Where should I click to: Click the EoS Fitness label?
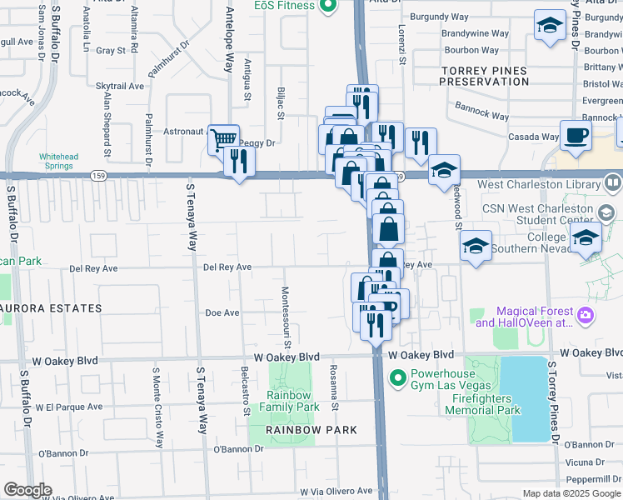pos(284,6)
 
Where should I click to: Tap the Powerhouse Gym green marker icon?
pos(397,379)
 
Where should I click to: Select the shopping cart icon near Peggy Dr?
pos(223,138)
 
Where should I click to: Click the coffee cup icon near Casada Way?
pos(575,136)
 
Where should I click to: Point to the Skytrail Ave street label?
pos(122,86)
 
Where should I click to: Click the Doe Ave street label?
pos(222,313)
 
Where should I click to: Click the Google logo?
pos(27,490)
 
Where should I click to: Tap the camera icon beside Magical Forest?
pos(586,315)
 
